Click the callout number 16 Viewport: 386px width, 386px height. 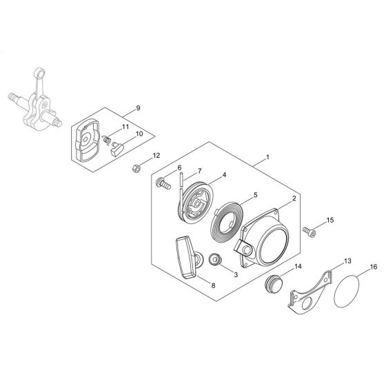click(x=374, y=267)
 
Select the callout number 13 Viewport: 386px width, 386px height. click(x=347, y=261)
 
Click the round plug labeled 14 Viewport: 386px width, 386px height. click(x=274, y=284)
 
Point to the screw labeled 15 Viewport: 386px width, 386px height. click(x=309, y=232)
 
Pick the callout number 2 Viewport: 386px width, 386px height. click(x=294, y=199)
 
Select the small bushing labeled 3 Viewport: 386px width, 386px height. click(x=215, y=261)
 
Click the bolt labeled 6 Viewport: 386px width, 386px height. click(x=163, y=183)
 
